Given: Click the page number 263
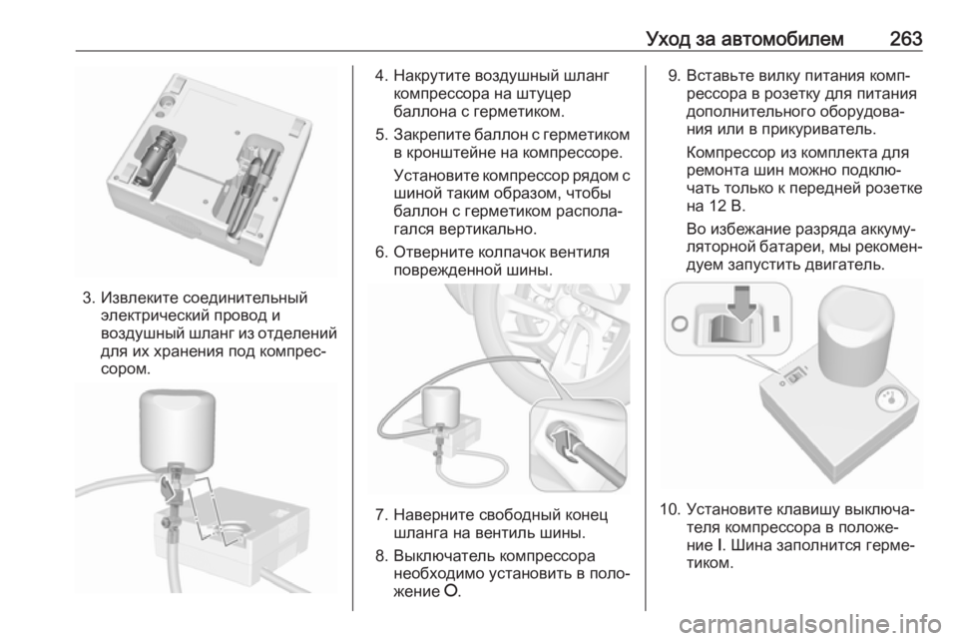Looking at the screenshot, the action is [905, 39].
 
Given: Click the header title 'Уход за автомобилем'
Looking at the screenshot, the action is [744, 39].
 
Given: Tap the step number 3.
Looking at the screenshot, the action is [89, 299].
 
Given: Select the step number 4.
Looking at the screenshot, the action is [380, 77].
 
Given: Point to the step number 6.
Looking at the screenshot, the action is [380, 253].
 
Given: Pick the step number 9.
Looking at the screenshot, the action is [674, 77].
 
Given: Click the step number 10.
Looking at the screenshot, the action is [670, 509].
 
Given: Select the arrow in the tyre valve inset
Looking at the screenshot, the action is [567, 441].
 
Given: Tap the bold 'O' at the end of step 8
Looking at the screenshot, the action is [451, 591].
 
